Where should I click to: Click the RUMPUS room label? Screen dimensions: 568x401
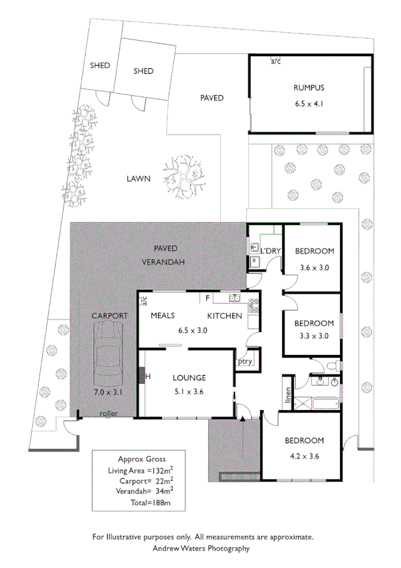click(x=309, y=88)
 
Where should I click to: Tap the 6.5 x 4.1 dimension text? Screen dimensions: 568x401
click(x=309, y=104)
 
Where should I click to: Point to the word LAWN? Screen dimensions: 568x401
click(x=137, y=179)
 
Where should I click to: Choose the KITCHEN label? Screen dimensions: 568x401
click(x=224, y=315)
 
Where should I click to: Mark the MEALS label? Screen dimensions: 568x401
click(x=163, y=315)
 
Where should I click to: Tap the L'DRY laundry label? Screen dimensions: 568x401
click(x=270, y=251)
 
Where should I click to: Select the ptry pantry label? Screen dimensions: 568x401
click(x=244, y=362)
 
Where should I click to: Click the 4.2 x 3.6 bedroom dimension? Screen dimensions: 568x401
click(x=305, y=457)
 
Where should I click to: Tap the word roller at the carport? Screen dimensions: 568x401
click(x=108, y=413)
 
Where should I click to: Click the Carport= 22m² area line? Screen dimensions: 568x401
click(x=139, y=480)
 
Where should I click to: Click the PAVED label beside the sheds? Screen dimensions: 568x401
click(x=212, y=98)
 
